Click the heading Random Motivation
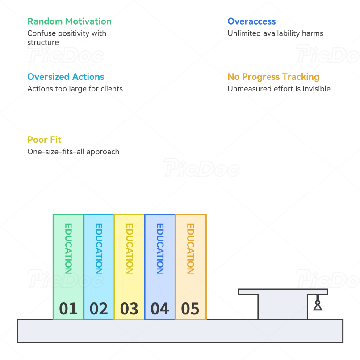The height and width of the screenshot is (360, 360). [x=69, y=21]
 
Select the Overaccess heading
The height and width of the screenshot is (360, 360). [x=251, y=21]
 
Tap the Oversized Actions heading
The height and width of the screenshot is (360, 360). [x=66, y=77]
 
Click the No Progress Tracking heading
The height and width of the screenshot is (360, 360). [x=273, y=77]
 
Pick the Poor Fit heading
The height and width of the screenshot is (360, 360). [x=44, y=140]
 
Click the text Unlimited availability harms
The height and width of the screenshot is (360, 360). [x=276, y=33]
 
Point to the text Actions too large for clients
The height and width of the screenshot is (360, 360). [x=75, y=89]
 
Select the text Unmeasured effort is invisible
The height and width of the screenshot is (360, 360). [x=279, y=89]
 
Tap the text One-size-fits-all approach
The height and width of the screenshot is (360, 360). [x=73, y=152]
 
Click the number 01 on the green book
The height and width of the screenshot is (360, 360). [x=68, y=309]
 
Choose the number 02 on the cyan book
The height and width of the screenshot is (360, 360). [x=99, y=309]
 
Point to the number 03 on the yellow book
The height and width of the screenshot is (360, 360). [x=129, y=309]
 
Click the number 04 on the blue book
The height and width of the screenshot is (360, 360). [x=160, y=309]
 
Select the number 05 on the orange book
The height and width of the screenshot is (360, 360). [x=190, y=309]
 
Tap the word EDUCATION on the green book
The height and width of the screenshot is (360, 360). [x=68, y=249]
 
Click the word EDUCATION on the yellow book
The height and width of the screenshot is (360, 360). [x=130, y=249]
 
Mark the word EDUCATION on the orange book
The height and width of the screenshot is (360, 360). [x=191, y=249]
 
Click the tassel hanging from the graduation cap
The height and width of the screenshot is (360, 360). [x=318, y=302]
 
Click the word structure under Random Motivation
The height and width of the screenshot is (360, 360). [x=43, y=42]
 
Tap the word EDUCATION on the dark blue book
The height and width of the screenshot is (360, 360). [x=160, y=249]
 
